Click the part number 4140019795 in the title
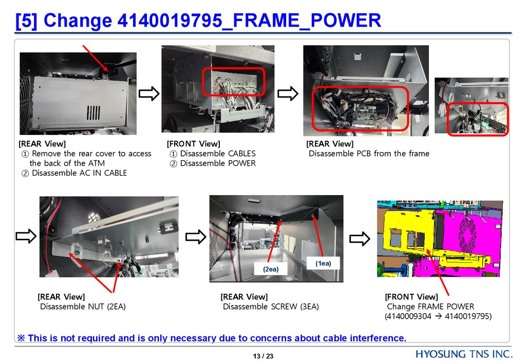170,20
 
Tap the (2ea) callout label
271,269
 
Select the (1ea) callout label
323,263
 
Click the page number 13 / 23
263,356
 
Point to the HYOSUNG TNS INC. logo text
464,354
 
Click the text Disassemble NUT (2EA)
83,306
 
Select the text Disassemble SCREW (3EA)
271,306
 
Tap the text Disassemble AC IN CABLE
80,173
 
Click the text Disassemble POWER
218,163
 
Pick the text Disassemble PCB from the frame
369,154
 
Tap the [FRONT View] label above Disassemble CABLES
194,144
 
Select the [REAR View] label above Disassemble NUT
62,297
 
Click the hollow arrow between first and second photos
149,93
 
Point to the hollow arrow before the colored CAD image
360,239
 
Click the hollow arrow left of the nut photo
26,236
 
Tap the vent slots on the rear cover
93,113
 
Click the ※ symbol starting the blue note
21,338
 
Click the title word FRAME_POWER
307,20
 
